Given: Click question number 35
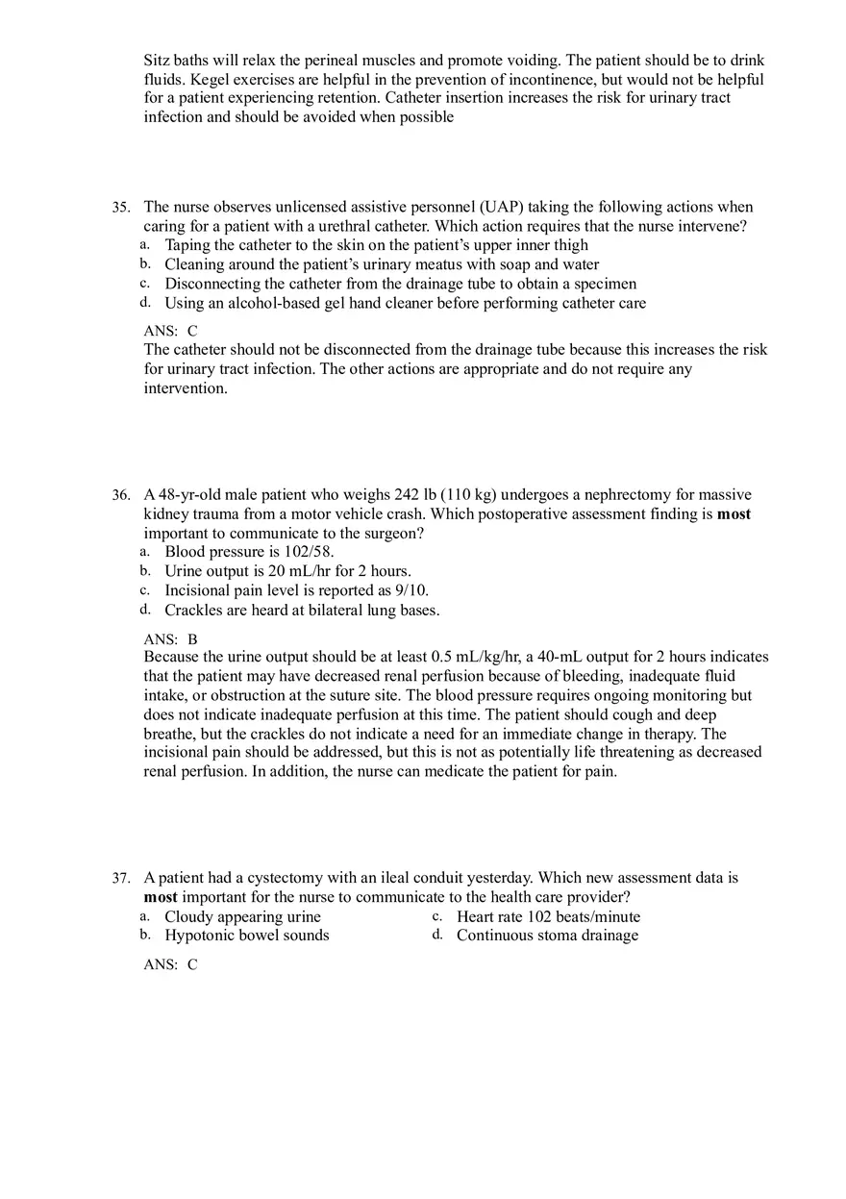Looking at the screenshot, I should click(120, 208).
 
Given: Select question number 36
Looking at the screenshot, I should click(120, 495).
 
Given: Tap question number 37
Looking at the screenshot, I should click(120, 879).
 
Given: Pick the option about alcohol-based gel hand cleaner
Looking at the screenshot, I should click(405, 303).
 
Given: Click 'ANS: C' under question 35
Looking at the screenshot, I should click(170, 331).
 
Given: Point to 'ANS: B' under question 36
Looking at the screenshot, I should click(170, 638).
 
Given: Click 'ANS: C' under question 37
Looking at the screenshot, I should click(170, 964).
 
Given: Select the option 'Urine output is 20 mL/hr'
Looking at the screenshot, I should click(287, 571).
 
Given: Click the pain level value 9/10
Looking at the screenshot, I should click(411, 590).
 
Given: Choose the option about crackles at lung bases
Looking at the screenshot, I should click(302, 610).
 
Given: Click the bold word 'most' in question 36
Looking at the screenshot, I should click(734, 514).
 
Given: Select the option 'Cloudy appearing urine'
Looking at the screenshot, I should click(242, 916).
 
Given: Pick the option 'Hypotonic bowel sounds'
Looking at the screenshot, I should click(246, 936).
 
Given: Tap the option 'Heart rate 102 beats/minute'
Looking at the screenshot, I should click(548, 916).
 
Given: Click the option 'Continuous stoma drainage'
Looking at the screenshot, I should click(547, 936).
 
